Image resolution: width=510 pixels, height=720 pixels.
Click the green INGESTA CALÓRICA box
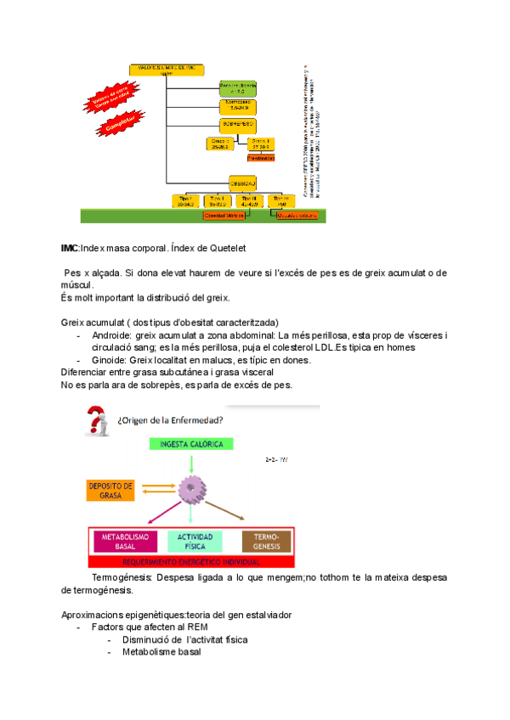(193, 443)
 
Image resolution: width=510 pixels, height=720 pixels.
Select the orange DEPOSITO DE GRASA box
(110, 490)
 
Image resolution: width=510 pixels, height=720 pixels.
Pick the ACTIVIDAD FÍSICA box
(195, 542)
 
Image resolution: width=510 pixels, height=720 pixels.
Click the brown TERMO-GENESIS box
(266, 542)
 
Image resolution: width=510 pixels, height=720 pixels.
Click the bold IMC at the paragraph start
(70, 248)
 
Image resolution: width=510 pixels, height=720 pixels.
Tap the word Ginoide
(110, 360)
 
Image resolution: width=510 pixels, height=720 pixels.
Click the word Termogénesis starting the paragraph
(123, 577)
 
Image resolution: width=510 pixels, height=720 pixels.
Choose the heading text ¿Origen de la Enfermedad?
(171, 419)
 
